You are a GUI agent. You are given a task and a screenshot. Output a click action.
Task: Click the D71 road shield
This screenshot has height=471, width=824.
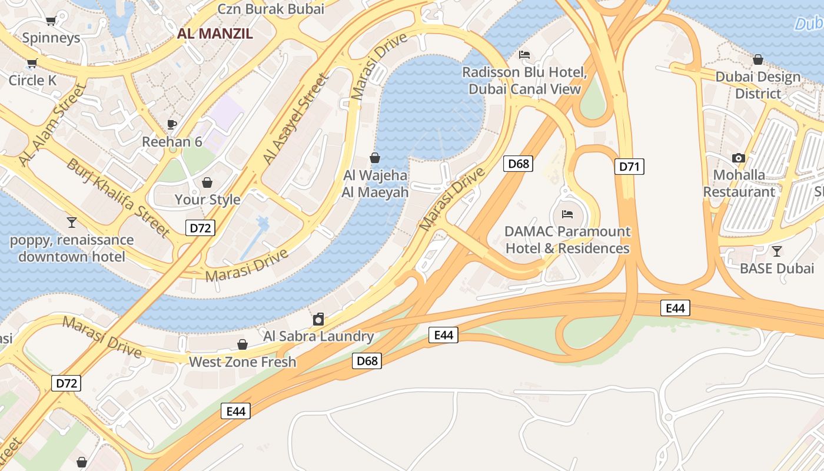[x=629, y=167]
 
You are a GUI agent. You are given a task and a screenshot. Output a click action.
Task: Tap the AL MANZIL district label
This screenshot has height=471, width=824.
[x=215, y=34]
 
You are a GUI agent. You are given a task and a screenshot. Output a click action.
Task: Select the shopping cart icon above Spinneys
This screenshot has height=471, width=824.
[x=51, y=21]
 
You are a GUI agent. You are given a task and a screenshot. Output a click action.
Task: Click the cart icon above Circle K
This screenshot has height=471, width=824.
[x=32, y=64]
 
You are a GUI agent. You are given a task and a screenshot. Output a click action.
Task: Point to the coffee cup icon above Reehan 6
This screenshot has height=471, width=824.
[x=172, y=124]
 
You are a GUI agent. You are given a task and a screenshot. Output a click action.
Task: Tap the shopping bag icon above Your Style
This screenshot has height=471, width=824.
[x=207, y=183]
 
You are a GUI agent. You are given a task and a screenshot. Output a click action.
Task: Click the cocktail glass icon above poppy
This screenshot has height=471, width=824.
[x=72, y=222]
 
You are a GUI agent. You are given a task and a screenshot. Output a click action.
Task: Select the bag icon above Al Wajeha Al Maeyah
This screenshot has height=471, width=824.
[x=374, y=158]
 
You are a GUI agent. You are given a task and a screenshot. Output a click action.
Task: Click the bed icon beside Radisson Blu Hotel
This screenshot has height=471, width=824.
[x=524, y=55]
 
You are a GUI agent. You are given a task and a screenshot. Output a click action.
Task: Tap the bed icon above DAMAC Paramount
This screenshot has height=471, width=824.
[x=567, y=214]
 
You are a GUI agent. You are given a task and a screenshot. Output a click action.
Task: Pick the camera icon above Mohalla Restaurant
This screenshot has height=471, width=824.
[x=739, y=158]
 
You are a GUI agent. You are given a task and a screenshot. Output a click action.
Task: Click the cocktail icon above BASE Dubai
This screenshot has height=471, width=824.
[x=777, y=251]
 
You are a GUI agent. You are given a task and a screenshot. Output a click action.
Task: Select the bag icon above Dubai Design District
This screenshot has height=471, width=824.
[x=758, y=59]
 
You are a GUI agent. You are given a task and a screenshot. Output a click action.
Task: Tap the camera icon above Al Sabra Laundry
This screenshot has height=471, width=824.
[x=318, y=319]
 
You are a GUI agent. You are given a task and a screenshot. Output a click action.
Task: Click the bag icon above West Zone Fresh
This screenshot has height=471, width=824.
[x=242, y=344]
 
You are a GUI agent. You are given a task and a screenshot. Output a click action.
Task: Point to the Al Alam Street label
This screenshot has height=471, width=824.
[x=52, y=125]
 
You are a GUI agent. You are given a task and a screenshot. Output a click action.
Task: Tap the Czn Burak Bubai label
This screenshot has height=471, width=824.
[x=271, y=9]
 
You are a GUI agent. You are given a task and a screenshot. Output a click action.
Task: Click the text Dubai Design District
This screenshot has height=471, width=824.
[x=758, y=85]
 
